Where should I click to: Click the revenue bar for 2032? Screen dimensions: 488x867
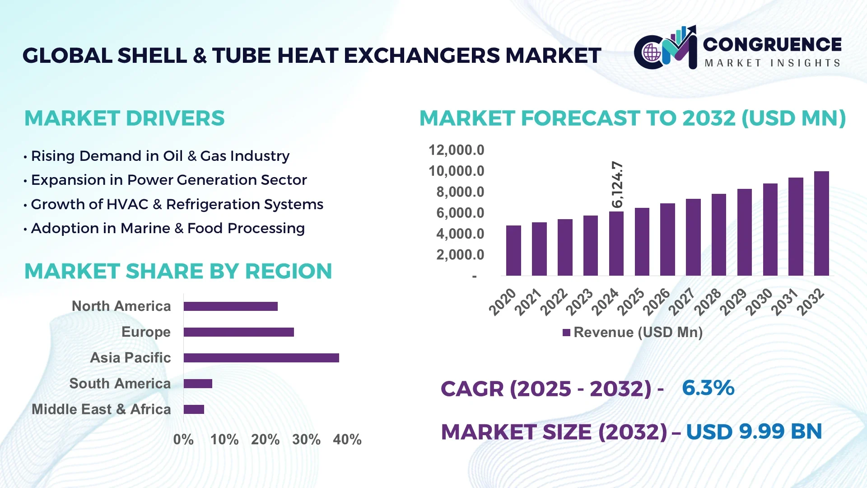click(821, 224)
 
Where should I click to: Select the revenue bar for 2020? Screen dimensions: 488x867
click(513, 251)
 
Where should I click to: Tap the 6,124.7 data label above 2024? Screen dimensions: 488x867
click(617, 184)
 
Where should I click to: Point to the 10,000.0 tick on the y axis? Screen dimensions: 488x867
click(456, 171)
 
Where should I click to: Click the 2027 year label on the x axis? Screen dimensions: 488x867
click(681, 302)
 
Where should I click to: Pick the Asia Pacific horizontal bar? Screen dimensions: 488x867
click(261, 358)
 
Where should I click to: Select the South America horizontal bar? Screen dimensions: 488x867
click(198, 384)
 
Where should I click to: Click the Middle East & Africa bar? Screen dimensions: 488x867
click(194, 409)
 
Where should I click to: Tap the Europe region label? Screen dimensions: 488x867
click(146, 332)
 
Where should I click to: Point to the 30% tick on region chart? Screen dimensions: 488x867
click(306, 440)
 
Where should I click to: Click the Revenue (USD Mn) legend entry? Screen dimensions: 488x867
click(633, 333)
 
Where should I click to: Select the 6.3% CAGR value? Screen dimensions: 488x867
click(708, 388)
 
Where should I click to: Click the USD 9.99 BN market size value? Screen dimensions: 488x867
click(754, 432)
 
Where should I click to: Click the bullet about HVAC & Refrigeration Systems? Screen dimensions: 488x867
click(177, 204)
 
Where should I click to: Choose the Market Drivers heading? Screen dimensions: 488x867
click(124, 118)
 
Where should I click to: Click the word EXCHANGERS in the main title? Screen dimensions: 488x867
click(422, 56)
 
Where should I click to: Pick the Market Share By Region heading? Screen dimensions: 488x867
click(178, 272)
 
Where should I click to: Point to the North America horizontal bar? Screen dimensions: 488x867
click(230, 306)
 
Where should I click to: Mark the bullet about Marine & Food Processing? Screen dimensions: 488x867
click(168, 229)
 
